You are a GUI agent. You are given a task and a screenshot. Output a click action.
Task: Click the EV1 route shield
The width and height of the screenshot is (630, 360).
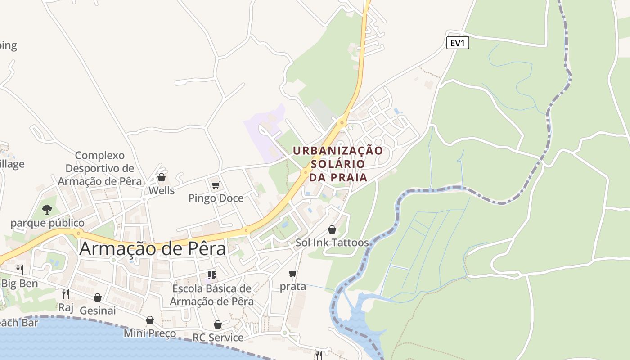458,43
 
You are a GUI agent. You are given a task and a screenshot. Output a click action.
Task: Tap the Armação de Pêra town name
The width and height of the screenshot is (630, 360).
152,249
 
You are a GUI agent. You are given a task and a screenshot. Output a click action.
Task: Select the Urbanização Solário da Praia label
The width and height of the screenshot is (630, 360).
338,164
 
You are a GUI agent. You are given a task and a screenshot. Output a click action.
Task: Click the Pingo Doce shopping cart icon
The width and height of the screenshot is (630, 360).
216,185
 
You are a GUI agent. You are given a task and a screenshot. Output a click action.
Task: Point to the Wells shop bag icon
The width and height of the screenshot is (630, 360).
161,177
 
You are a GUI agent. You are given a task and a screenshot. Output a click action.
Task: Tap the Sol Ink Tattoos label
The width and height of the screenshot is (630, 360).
332,243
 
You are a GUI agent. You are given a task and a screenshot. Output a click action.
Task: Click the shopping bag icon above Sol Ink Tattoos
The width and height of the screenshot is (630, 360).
332,229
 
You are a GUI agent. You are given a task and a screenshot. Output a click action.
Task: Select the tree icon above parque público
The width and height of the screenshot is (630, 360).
47,209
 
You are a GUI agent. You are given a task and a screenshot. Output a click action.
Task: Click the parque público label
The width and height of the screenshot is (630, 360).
47,223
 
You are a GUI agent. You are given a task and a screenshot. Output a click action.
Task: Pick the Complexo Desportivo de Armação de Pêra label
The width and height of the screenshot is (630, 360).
99,168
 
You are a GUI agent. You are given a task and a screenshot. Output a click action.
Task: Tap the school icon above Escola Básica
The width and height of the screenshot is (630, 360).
211,275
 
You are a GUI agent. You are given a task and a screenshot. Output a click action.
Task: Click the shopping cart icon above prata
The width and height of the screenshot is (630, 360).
293,273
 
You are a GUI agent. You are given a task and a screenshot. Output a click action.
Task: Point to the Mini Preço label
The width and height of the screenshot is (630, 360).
150,333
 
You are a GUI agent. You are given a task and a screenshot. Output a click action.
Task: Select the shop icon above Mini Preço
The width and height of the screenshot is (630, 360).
150,320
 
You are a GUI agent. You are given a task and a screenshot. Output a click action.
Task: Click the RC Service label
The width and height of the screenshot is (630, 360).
218,337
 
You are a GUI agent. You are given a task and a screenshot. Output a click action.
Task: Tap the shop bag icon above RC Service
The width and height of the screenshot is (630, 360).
218,324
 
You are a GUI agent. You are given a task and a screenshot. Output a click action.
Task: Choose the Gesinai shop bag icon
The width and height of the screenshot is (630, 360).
98,297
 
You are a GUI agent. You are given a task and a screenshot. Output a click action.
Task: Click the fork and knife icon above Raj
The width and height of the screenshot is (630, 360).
66,294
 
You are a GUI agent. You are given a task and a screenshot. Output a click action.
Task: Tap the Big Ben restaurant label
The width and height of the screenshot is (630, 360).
19,283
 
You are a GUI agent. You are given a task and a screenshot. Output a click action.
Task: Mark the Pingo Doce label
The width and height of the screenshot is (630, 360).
216,198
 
